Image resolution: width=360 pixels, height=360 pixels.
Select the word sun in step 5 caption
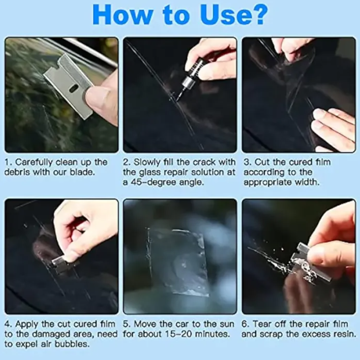[227, 324]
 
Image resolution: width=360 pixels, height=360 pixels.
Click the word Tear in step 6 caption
[261, 324]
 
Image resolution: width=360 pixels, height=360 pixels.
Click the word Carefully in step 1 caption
[34, 162]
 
